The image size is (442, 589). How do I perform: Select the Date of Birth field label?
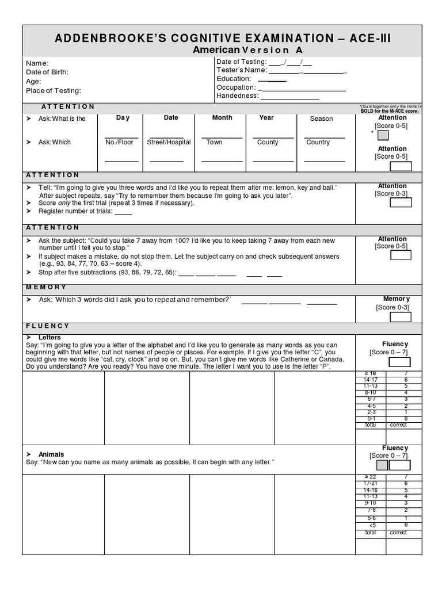47,72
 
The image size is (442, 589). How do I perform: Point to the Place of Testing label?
54,90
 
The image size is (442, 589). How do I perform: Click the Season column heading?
321,118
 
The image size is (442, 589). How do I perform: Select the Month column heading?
222,117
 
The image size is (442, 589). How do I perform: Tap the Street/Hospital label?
169,142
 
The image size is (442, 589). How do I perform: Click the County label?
268,142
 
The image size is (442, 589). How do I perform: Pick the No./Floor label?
119,142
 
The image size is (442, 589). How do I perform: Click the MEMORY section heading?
46,287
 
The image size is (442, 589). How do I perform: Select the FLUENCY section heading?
48,326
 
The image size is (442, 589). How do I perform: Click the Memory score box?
401,317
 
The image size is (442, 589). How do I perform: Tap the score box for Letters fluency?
399,362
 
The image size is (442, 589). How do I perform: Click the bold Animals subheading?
51,454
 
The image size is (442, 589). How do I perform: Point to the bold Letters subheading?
49,337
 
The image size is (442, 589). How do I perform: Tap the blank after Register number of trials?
123,212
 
